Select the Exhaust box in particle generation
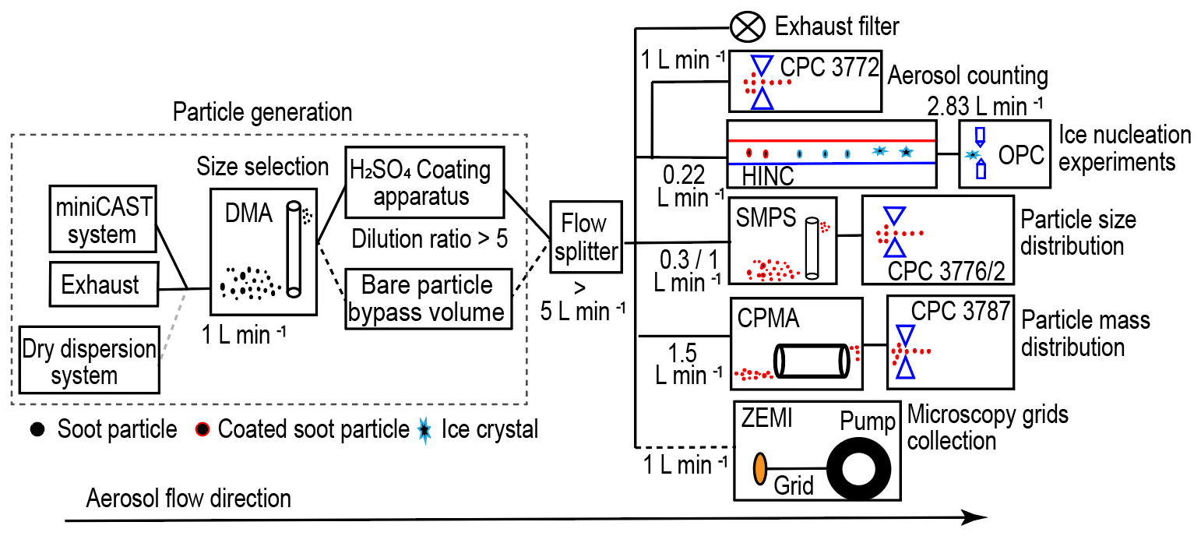tap(102, 284)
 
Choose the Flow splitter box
tap(585, 237)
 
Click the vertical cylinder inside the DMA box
tap(294, 249)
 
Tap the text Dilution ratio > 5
tap(429, 238)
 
